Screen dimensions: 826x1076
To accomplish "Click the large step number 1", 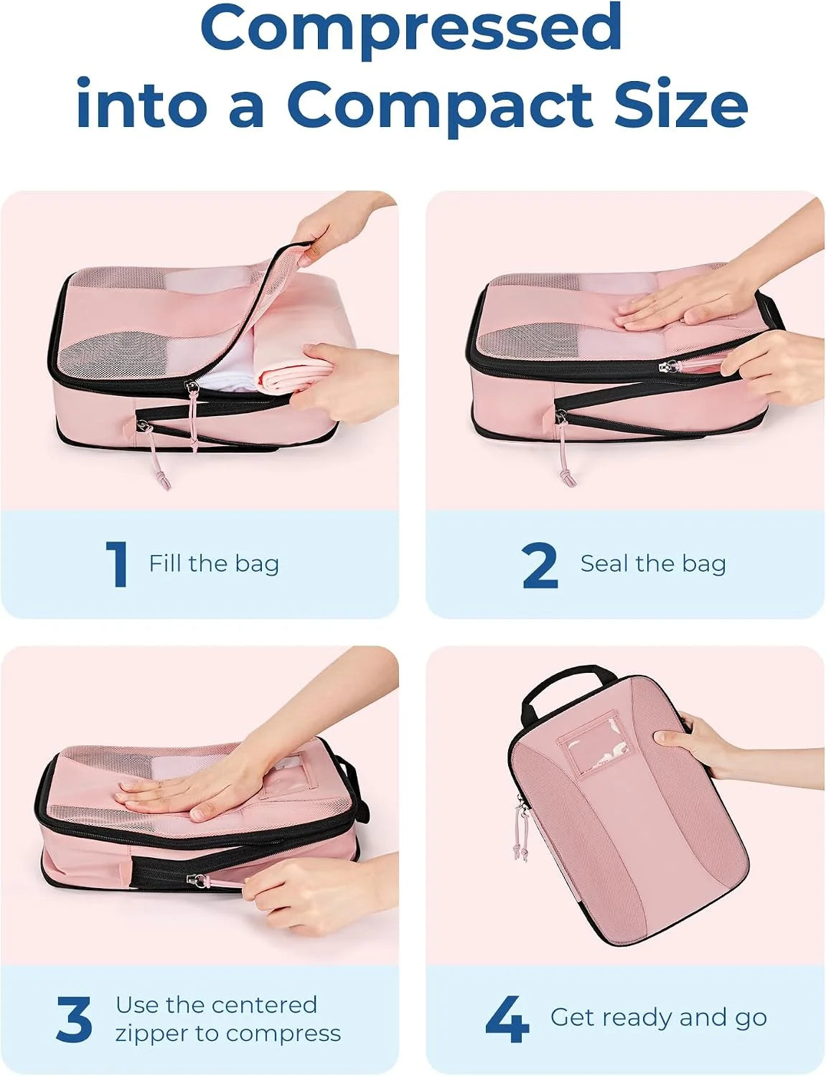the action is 118,564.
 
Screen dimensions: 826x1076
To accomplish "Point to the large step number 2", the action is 540,565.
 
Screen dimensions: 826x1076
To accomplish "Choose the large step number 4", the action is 507,1019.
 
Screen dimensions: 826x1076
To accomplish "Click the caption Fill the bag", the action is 214,564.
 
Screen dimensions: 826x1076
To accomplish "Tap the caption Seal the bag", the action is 653,564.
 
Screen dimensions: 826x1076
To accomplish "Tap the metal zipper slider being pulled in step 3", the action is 194,879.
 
